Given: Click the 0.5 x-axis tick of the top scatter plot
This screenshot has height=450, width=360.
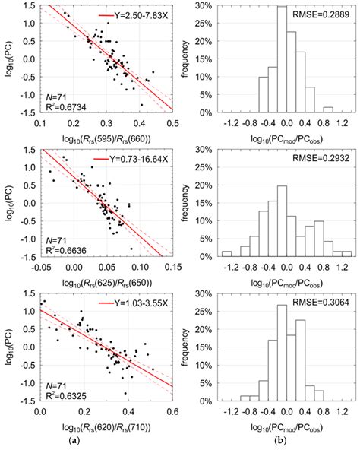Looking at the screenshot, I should point(172,123).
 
